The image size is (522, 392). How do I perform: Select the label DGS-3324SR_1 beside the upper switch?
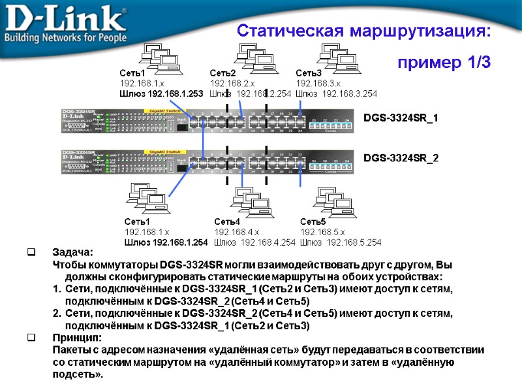[401, 118]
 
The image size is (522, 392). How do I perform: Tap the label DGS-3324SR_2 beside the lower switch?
[401, 159]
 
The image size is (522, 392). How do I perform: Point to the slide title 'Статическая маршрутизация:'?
[363, 31]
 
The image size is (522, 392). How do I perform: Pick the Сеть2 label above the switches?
[223, 73]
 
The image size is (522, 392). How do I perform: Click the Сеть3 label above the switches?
[309, 73]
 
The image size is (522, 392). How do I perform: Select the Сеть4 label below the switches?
[227, 222]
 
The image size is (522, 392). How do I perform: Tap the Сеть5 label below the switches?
[313, 222]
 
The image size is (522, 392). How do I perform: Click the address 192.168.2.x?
[232, 84]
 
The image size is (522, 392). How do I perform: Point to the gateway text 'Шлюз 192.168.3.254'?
[337, 94]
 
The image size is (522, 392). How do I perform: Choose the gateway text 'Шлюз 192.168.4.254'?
[254, 243]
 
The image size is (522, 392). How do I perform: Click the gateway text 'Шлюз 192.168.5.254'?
[341, 243]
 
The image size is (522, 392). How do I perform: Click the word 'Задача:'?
[72, 253]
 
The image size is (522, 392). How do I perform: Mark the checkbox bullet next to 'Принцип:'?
[31, 338]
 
